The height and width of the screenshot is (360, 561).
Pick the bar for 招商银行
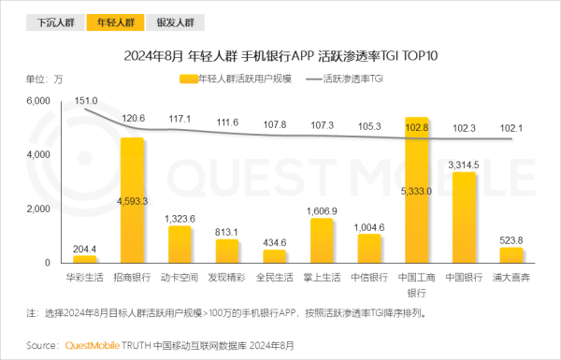(133, 200)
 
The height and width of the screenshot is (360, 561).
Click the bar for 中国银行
(465, 217)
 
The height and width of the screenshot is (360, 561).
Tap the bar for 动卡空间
(180, 244)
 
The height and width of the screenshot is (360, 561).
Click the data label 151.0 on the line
(86, 100)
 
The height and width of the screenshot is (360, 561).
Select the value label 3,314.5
(464, 165)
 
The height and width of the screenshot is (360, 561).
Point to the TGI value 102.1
(511, 128)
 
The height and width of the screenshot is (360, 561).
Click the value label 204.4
(85, 248)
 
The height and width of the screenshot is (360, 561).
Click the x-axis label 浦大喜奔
(511, 277)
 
